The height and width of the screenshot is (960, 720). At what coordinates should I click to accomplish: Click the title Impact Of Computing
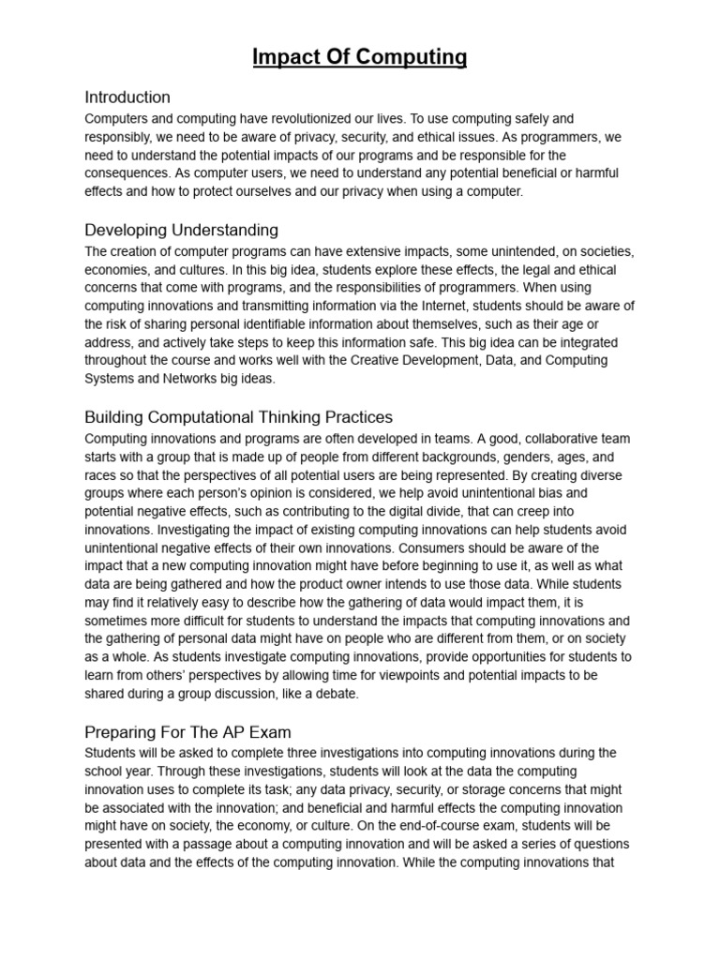[x=360, y=57]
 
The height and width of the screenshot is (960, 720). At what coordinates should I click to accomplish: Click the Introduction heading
[x=127, y=97]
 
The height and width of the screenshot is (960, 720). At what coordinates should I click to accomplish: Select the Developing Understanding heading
[x=181, y=230]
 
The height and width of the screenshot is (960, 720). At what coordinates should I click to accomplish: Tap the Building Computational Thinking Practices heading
[x=238, y=416]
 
